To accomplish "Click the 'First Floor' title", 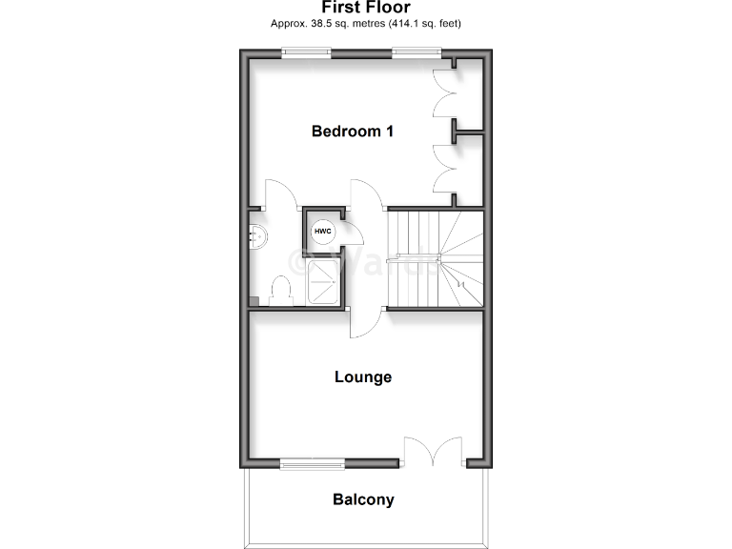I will click(365, 8).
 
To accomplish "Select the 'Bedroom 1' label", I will click(353, 132).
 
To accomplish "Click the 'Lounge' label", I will click(363, 377).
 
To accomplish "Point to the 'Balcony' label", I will click(363, 499).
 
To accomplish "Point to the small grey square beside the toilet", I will click(254, 301).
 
